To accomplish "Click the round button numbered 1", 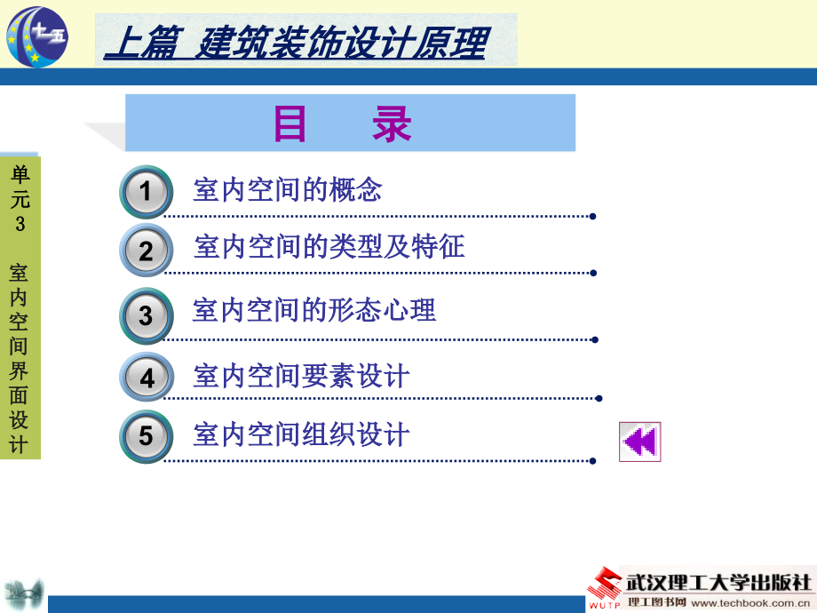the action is [x=147, y=191].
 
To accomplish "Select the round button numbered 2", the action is [x=147, y=251].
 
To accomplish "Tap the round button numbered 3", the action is [x=147, y=315].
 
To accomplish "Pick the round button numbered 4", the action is [x=147, y=377].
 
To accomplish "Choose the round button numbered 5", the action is [x=147, y=436].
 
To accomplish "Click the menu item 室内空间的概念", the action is [x=287, y=189].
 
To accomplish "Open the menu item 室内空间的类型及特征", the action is [x=329, y=247].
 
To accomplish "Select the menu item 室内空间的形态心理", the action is [x=313, y=310].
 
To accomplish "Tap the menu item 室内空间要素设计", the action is [x=301, y=376].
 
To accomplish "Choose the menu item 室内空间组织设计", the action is [x=301, y=434].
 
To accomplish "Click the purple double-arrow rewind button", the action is [x=640, y=442].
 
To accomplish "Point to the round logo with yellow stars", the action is [x=37, y=36].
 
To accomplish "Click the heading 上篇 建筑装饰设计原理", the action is [x=296, y=43].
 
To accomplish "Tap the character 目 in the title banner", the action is [x=290, y=123].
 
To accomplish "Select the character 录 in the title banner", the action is [x=392, y=123].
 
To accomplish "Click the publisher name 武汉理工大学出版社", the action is [x=718, y=582].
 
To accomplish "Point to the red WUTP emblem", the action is [x=605, y=587].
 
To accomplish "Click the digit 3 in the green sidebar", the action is [x=20, y=224].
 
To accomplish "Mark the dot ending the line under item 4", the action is [x=599, y=398].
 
